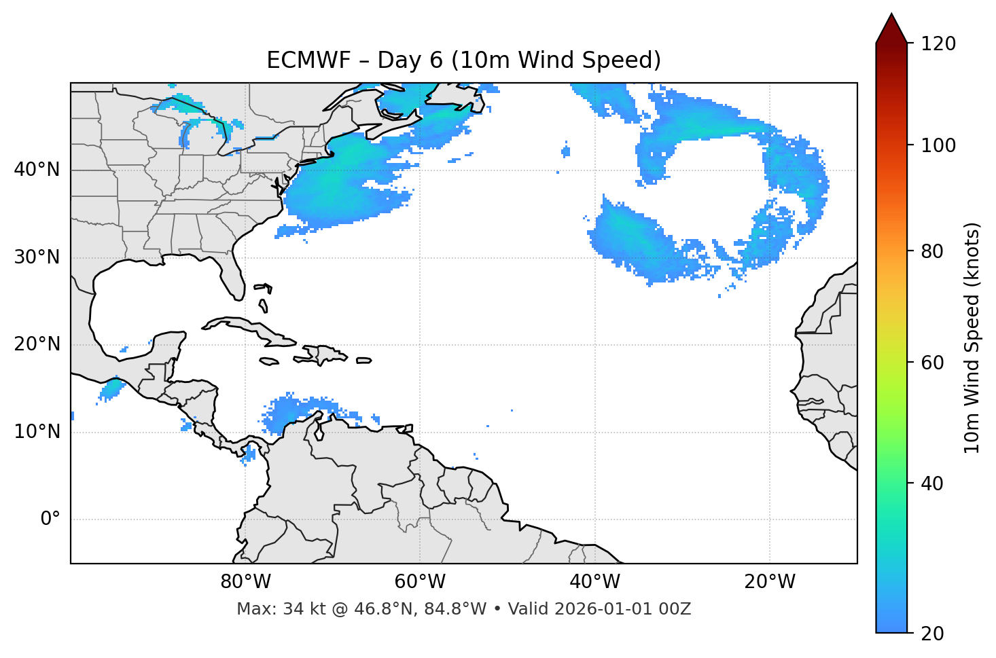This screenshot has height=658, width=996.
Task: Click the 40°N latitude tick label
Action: [37, 170]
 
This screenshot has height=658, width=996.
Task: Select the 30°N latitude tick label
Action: [37, 257]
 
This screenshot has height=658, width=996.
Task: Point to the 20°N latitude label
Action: [37, 344]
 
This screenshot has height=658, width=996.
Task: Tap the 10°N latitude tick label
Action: [37, 432]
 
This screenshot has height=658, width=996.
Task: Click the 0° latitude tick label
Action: [50, 519]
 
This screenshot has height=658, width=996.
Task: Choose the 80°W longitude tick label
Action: [245, 582]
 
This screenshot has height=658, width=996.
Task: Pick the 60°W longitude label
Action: [420, 582]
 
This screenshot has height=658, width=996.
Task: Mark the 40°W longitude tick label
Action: [594, 582]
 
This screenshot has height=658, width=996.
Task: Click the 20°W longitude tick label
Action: [769, 582]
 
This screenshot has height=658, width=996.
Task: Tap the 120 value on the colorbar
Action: [938, 44]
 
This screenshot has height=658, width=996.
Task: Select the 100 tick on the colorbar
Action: [938, 145]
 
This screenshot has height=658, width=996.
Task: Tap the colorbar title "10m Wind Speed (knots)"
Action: [972, 337]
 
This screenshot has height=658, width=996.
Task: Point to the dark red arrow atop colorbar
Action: [891, 29]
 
